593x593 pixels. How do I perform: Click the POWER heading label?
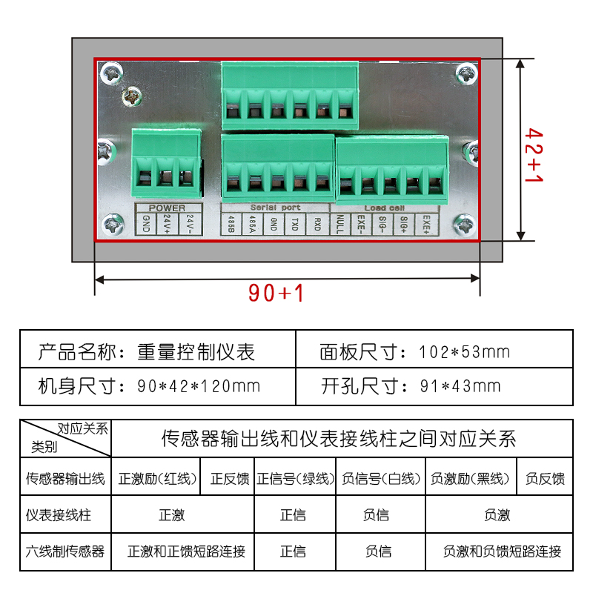pos(167,208)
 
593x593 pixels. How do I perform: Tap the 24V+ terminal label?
pos(167,222)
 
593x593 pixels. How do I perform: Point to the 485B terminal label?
pos(232,222)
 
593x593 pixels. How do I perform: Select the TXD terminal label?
pos(294,222)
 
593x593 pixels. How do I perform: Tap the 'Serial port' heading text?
pos(275,208)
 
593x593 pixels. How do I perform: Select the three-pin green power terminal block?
pos(166,157)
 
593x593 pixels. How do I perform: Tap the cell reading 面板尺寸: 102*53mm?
pos(415,351)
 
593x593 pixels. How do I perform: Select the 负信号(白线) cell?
pos(382,479)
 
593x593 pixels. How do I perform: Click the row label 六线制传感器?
pos(65,551)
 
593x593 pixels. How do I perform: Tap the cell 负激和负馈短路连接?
pos(502,551)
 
